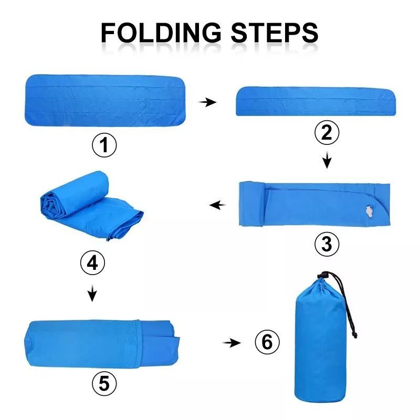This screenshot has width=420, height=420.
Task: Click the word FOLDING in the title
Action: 161,33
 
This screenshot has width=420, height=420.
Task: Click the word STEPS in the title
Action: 275,33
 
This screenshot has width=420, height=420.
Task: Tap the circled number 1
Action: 104,145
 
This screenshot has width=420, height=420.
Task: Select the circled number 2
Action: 327,132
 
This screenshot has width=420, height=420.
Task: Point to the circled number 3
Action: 327,244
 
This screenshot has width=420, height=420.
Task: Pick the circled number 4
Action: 92,263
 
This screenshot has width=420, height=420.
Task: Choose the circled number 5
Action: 104,383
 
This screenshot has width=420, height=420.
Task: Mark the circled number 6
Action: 267,342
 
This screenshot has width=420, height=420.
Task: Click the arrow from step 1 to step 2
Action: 207,102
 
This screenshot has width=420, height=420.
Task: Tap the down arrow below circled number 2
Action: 327,160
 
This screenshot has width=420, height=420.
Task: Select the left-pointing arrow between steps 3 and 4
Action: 217,205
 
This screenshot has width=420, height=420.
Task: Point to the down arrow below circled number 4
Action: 92,293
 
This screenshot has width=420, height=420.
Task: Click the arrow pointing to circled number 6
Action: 232,343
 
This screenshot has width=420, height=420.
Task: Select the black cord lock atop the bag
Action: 324,275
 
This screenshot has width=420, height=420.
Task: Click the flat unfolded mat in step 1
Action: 105,100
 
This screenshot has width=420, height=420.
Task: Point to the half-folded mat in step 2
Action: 316,101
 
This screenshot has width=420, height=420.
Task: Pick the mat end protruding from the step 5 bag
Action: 159,344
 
